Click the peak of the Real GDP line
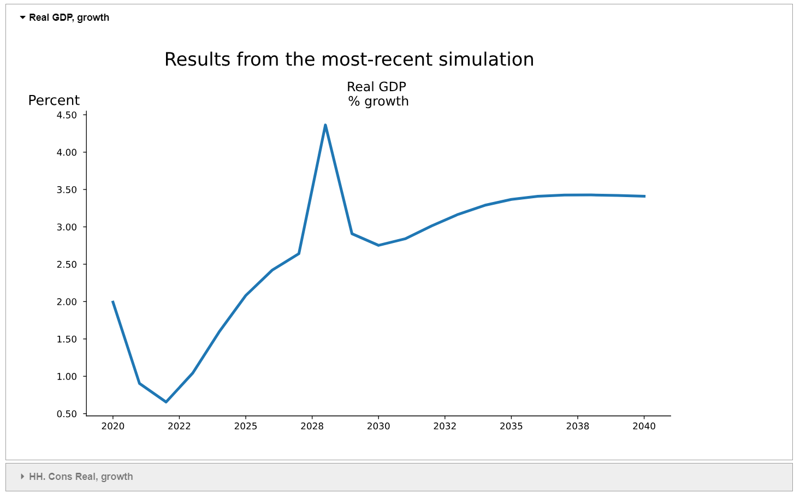[325, 125]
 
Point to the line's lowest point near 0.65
[166, 402]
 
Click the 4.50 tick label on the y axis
[67, 115]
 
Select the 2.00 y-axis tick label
[67, 302]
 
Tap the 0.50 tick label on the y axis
[67, 414]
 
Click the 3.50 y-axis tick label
[67, 190]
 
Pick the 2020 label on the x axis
[113, 426]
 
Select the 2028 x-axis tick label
[312, 426]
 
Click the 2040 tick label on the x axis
[644, 426]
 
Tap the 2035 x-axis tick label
[511, 426]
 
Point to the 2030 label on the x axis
[378, 426]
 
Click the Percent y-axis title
[54, 100]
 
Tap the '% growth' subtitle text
[378, 102]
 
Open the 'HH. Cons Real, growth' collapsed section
[81, 477]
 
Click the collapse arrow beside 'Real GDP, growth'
[22, 17]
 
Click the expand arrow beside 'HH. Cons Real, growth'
[22, 477]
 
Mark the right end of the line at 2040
[644, 196]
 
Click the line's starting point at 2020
[113, 301]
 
